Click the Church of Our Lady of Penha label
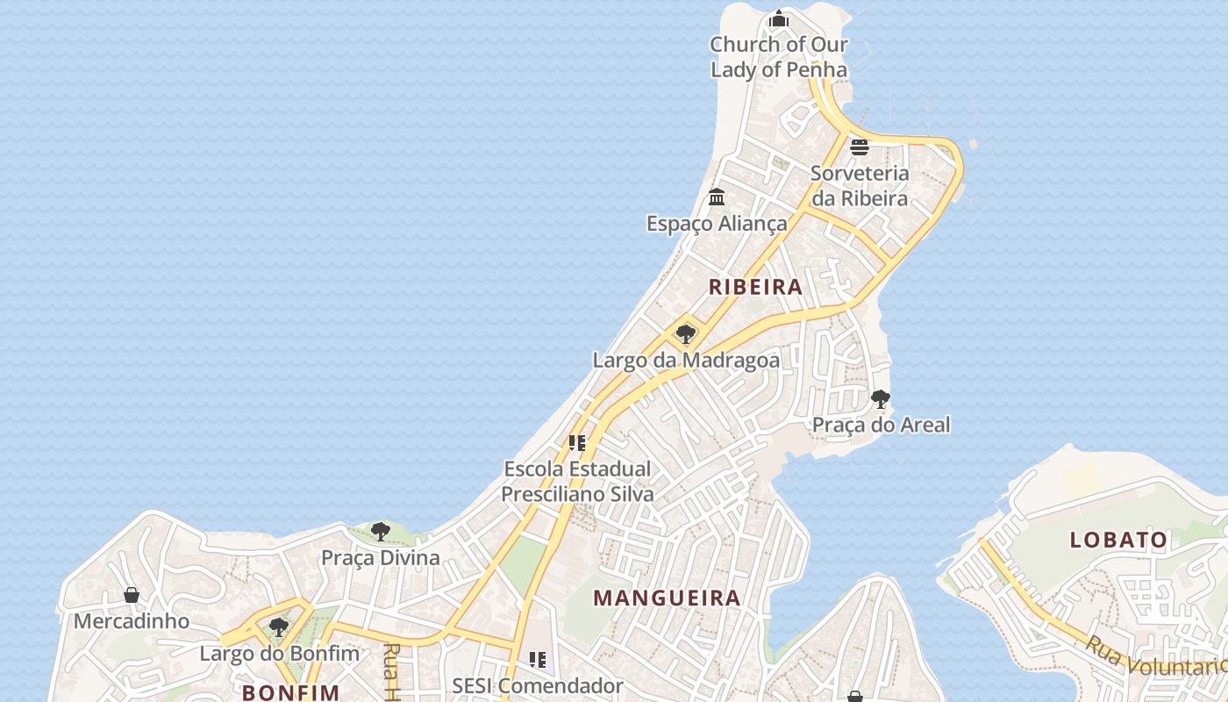coord(778,57)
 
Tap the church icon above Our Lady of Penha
coord(778,18)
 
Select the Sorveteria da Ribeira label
coord(859,185)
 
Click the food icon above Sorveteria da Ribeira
coord(859,147)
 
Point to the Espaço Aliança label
coord(717,224)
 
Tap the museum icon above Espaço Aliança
coord(717,197)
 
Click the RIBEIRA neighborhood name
coord(755,287)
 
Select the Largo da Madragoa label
coord(686,360)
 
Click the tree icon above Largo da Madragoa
coord(686,333)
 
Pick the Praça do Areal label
coord(881,425)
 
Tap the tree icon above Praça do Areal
coord(881,399)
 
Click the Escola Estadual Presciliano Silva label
coord(577,482)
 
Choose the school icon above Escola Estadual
coord(576,443)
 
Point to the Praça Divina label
coord(380,558)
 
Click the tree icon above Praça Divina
coord(380,531)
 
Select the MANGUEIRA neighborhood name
coord(667,598)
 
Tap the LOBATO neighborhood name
coord(1118,540)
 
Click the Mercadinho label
coord(132,621)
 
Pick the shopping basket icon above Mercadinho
coord(132,596)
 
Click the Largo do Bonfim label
coord(279,654)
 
